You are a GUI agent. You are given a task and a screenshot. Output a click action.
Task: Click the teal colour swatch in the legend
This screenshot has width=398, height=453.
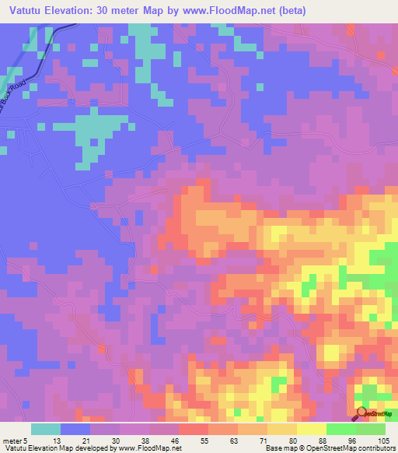46,429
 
